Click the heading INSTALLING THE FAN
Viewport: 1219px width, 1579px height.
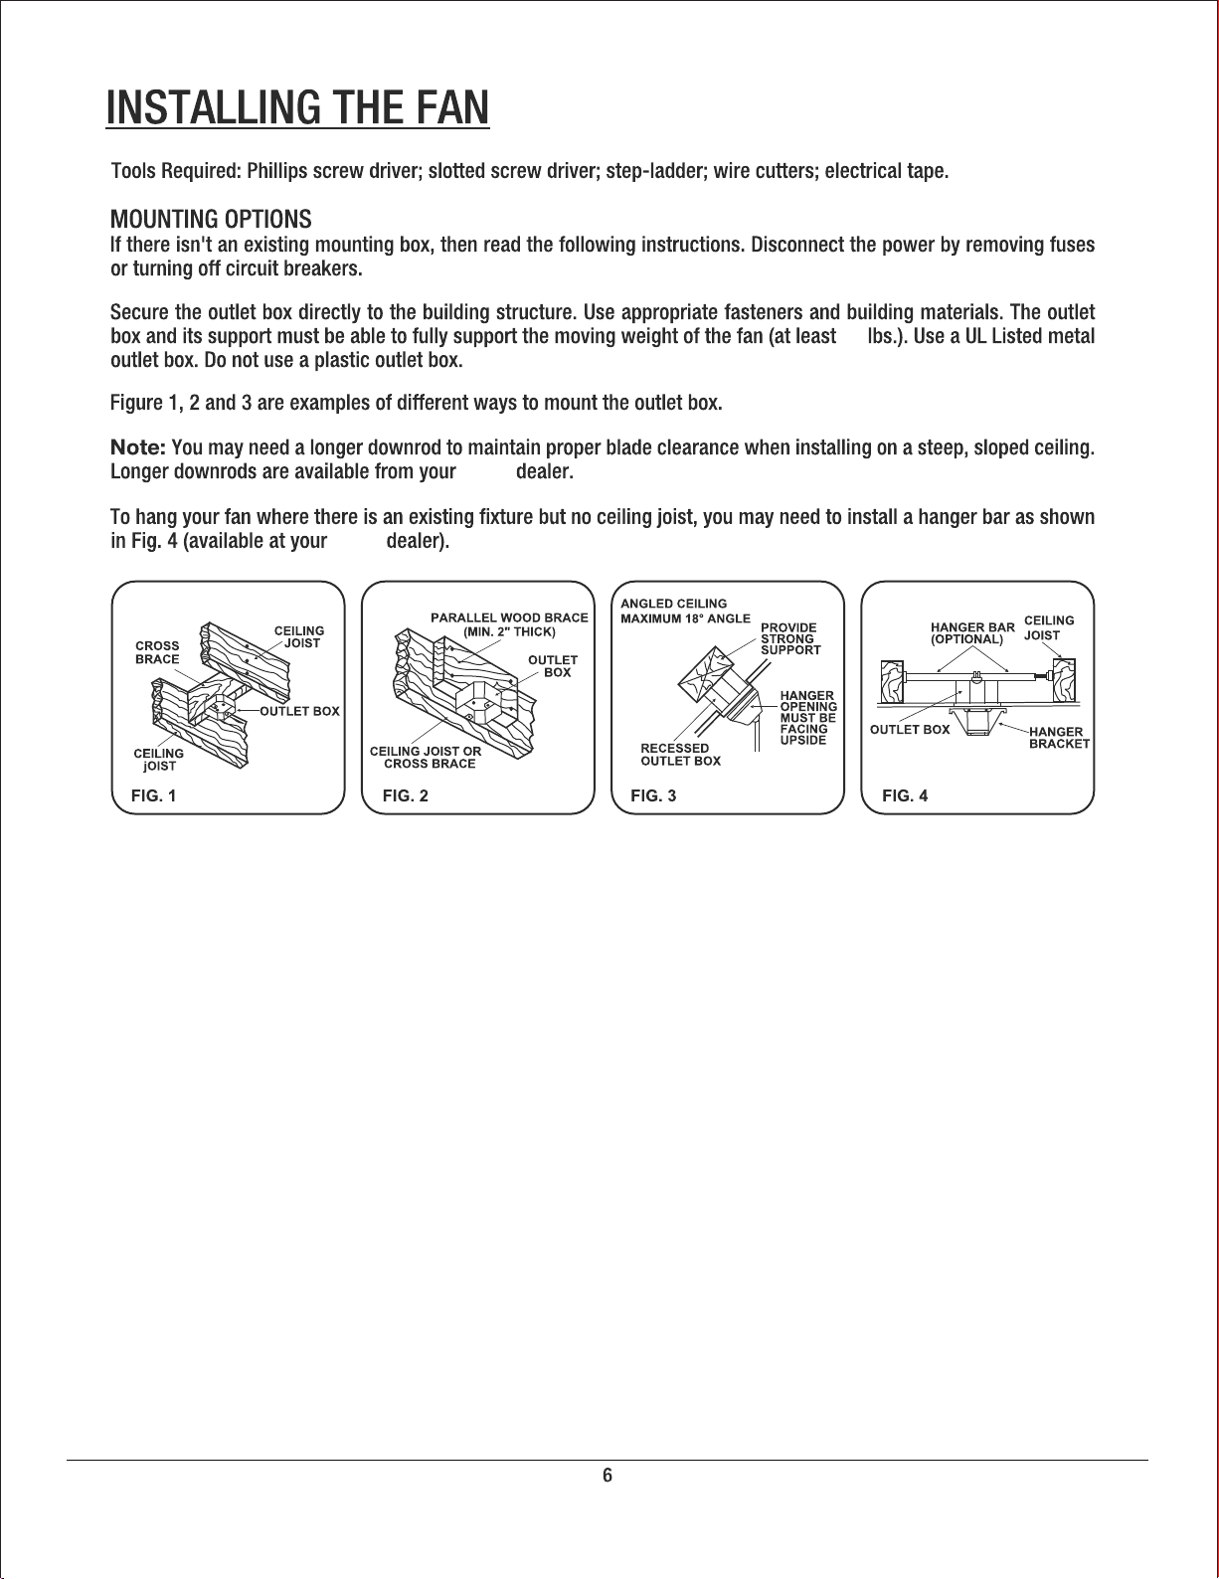(298, 106)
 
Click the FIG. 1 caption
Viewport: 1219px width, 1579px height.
(154, 795)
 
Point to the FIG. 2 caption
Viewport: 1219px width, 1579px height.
(405, 795)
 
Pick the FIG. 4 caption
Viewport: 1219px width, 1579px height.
(905, 795)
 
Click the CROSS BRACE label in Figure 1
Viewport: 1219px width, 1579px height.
(157, 652)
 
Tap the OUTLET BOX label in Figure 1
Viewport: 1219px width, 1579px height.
(299, 711)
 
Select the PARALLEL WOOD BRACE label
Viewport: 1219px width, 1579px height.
(509, 624)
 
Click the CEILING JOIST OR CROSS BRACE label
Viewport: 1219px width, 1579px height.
(426, 757)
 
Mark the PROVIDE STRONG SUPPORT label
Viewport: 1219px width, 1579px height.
(790, 638)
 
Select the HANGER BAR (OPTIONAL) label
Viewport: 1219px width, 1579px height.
(971, 633)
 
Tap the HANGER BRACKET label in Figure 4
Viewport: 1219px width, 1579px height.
(1058, 737)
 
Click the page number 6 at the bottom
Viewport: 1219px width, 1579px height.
(608, 1476)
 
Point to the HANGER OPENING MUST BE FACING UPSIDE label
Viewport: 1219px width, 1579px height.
(808, 718)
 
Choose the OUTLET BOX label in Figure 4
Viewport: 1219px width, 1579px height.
(910, 729)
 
